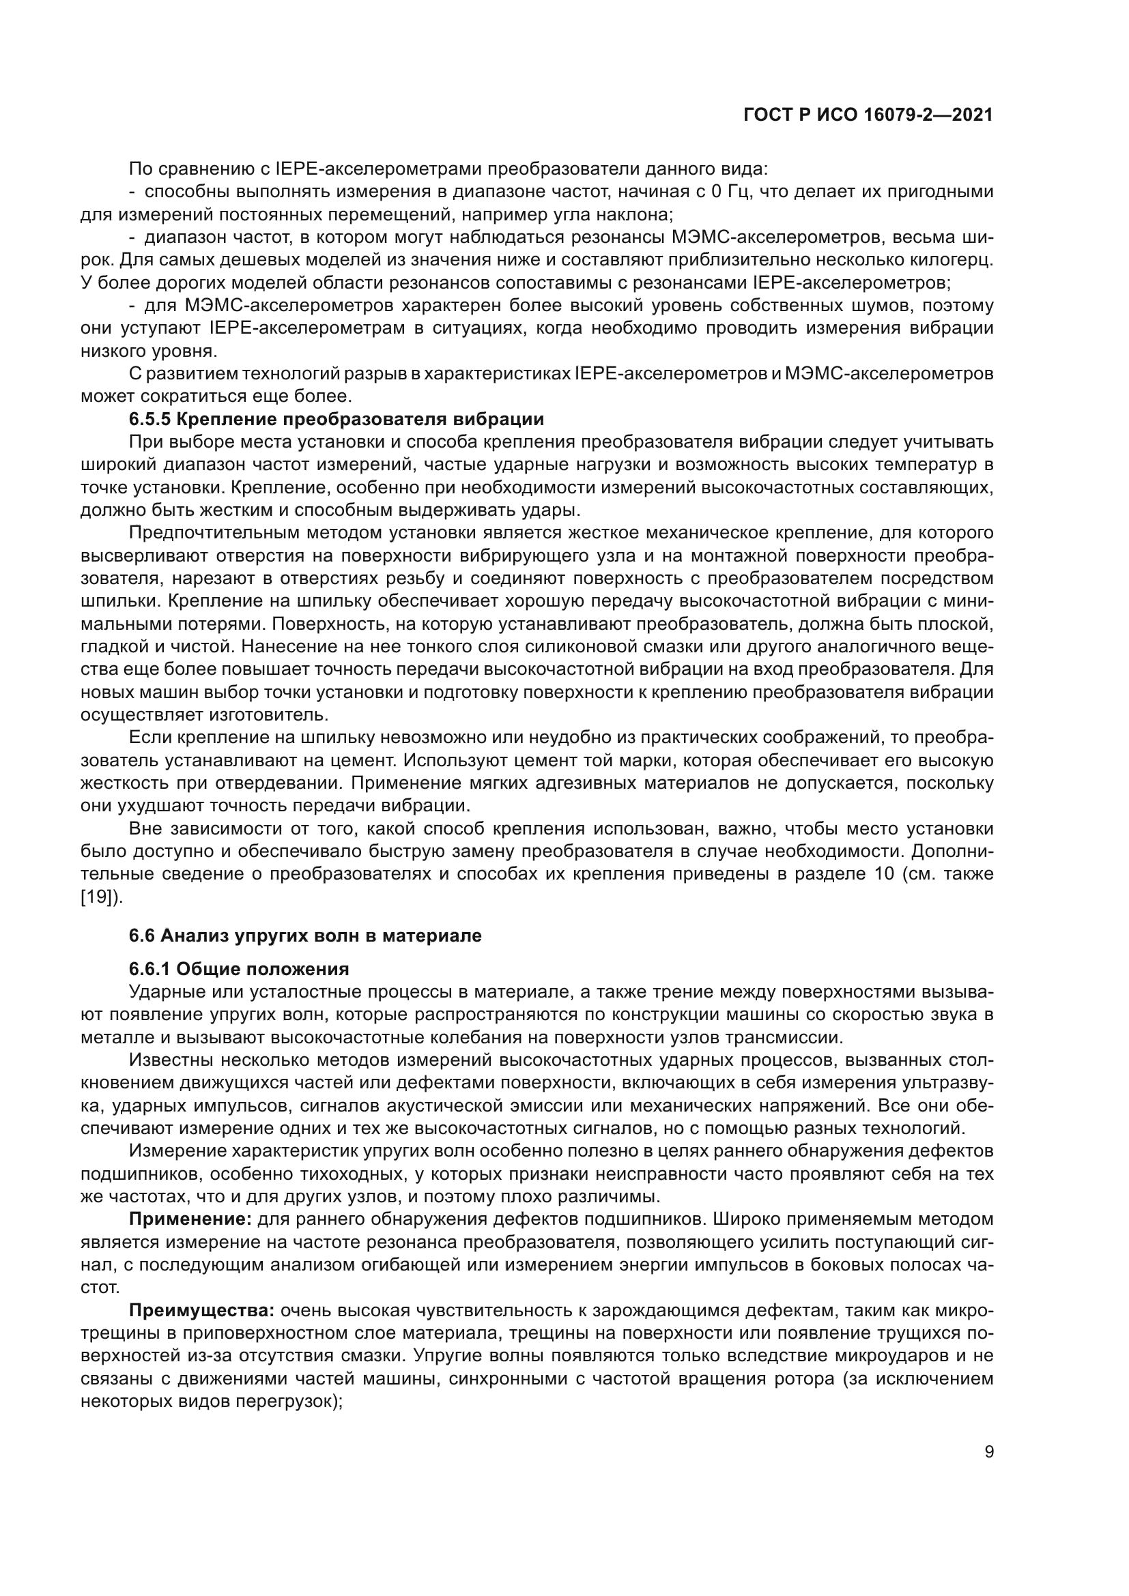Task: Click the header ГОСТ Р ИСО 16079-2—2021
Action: pyautogui.click(x=868, y=115)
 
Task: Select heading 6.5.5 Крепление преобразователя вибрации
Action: pyautogui.click(x=337, y=419)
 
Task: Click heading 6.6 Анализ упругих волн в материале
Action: pyautogui.click(x=305, y=935)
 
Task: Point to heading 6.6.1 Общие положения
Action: pyautogui.click(x=238, y=969)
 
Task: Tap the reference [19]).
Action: pyautogui.click(x=102, y=897)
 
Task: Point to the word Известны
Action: pyautogui.click(x=164, y=1060)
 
